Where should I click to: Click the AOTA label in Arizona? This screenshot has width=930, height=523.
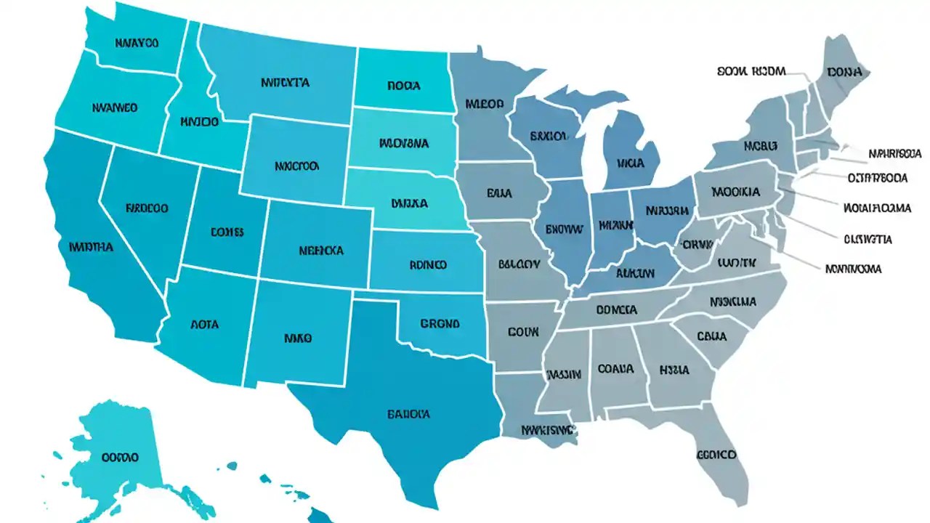[x=204, y=325]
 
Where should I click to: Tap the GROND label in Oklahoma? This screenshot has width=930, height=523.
[x=440, y=324]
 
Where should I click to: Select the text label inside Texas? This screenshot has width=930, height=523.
[x=408, y=414]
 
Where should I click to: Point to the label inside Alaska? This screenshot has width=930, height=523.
[x=120, y=458]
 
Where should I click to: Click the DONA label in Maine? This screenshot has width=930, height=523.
[x=844, y=73]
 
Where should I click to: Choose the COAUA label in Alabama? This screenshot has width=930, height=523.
[x=615, y=369]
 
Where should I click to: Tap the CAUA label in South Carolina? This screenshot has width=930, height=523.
[x=711, y=336]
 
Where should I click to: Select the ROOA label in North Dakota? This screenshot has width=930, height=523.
[x=403, y=86]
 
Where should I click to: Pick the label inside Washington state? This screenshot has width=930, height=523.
[x=137, y=43]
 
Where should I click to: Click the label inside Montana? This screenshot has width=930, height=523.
[x=285, y=83]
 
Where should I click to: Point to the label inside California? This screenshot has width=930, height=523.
[x=91, y=247]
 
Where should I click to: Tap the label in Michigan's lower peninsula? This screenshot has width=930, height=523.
[x=630, y=163]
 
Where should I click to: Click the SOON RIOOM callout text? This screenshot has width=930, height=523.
[x=751, y=71]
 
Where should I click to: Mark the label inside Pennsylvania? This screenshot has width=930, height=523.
[x=736, y=192]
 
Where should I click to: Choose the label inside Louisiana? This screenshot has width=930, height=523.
[x=549, y=430]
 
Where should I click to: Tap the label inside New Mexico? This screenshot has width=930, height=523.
[x=297, y=338]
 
